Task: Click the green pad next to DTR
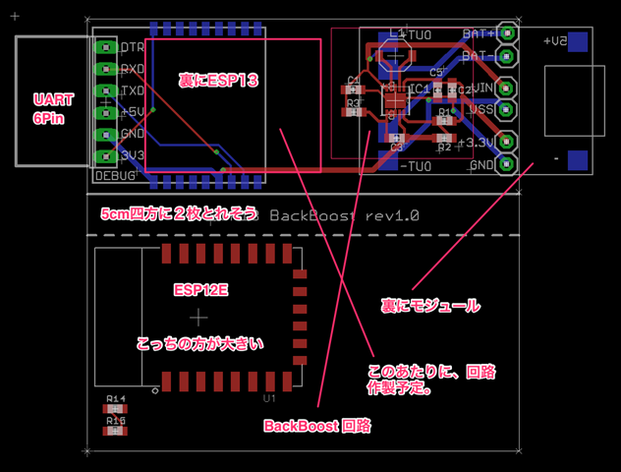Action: coord(104,47)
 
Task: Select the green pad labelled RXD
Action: coord(104,69)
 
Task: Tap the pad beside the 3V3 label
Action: coord(104,154)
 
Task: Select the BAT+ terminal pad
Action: coord(507,33)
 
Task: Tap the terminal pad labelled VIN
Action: coord(507,88)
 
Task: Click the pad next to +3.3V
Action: coord(507,144)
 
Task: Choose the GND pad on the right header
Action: coord(507,164)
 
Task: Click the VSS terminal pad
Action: coord(507,109)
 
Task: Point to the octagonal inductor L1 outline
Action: coord(393,56)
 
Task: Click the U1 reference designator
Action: coord(269,399)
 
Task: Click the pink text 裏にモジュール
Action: coord(430,307)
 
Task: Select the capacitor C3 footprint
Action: coord(396,138)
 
